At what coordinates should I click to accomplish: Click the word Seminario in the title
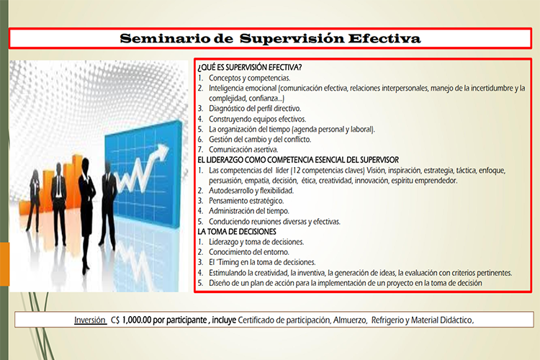click(x=165, y=38)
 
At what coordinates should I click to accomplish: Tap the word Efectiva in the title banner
click(x=384, y=38)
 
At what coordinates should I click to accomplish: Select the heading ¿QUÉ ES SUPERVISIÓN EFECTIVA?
click(x=250, y=67)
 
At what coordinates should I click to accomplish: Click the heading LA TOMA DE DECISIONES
click(x=237, y=232)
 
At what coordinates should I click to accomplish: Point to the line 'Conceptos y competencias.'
click(x=249, y=78)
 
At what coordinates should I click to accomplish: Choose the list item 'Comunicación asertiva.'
click(x=243, y=150)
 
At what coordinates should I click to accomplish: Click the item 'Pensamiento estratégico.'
click(x=246, y=201)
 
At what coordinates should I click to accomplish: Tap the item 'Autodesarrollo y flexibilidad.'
click(x=251, y=191)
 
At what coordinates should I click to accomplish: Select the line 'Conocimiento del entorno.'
click(x=249, y=252)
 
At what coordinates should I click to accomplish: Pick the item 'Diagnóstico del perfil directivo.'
click(x=255, y=109)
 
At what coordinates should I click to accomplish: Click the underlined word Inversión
click(x=90, y=320)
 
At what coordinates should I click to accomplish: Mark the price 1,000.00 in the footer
click(x=136, y=320)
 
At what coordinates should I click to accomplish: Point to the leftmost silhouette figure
click(x=34, y=201)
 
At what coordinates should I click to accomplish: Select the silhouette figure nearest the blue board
click(x=108, y=204)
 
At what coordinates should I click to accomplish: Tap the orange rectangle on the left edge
click(x=4, y=264)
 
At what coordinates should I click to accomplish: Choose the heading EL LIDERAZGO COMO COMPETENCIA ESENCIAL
click(x=298, y=160)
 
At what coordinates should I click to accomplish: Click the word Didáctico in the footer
click(x=457, y=320)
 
